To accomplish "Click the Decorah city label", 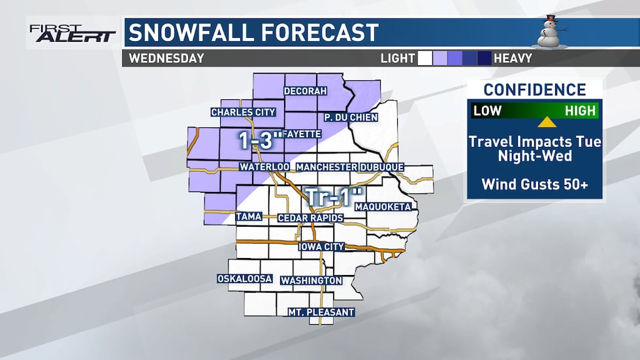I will pos(305,91).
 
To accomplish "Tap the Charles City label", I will pos(243,112).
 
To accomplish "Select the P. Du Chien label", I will pos(350,118).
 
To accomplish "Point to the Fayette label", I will pos(304,134).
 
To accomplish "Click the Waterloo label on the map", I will pos(264,167).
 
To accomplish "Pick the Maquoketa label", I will pos(383,207).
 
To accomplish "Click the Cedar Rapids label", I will pos(306,218).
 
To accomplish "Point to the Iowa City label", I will pos(321,247).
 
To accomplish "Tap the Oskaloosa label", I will pos(245,279).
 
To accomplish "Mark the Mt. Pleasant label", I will pos(321,312).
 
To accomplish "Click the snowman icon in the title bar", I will pos(550,31).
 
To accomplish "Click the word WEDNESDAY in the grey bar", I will pos(167,58).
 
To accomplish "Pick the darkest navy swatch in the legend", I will pos(484,58).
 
